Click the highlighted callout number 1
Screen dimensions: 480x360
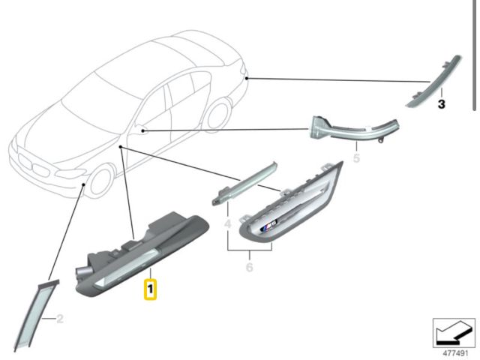click(x=150, y=289)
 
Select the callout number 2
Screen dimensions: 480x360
click(x=60, y=319)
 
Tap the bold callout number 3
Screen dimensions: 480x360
click(x=441, y=104)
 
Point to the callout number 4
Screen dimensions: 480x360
click(x=228, y=223)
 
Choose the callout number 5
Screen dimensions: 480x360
click(x=356, y=158)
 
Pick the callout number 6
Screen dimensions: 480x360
click(x=250, y=267)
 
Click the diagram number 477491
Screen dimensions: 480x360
click(x=455, y=353)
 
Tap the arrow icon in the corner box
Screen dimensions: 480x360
click(x=453, y=332)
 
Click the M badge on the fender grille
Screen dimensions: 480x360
click(x=268, y=226)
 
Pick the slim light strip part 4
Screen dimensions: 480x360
click(x=245, y=183)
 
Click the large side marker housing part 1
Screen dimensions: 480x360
click(x=142, y=255)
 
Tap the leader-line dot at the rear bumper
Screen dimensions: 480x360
click(x=247, y=79)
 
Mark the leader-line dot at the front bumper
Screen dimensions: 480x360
click(x=83, y=184)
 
